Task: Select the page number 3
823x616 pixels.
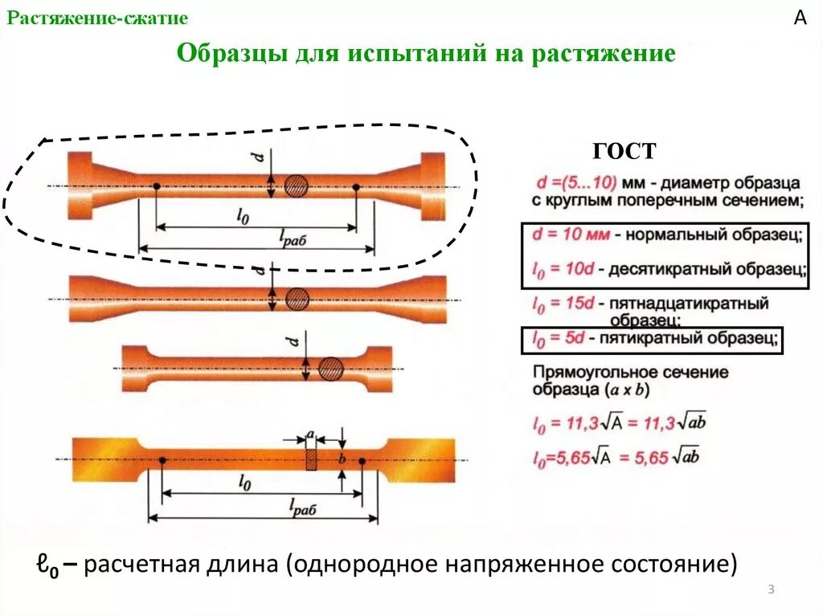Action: tap(771, 591)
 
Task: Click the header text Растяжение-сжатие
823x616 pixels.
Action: tap(98, 18)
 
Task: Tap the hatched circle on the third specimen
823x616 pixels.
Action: tap(330, 369)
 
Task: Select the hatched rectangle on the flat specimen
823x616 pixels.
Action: tap(312, 459)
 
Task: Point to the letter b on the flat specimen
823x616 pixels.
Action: tap(342, 459)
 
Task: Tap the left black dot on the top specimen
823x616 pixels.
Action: tap(156, 186)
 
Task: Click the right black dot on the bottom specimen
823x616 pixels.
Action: tap(362, 461)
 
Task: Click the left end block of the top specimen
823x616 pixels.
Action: tap(80, 186)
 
